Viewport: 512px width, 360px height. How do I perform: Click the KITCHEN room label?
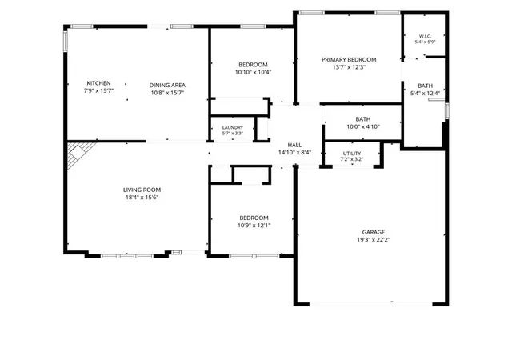[x=98, y=83]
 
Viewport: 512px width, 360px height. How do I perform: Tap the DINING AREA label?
[x=167, y=86]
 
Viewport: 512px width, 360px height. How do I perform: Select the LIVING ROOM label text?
[x=142, y=190]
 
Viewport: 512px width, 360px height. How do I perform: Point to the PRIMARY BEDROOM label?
[x=349, y=59]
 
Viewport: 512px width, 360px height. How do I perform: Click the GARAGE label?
[x=374, y=232]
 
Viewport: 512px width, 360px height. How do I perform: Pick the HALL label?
[x=294, y=145]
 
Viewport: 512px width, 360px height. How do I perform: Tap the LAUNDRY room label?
[x=233, y=127]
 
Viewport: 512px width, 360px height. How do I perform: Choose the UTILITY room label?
[x=352, y=154]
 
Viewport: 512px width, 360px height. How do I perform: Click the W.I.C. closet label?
[x=425, y=36]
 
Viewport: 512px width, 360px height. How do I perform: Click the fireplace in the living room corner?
[x=78, y=153]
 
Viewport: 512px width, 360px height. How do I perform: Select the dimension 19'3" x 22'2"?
[x=374, y=240]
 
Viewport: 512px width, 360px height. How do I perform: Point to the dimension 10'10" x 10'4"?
[x=253, y=72]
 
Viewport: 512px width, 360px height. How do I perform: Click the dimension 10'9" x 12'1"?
[x=254, y=226]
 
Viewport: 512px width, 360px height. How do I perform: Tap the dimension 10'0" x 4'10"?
[x=363, y=126]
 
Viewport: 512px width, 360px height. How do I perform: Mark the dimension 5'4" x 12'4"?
[x=425, y=94]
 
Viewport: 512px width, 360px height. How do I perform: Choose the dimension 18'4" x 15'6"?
[x=142, y=198]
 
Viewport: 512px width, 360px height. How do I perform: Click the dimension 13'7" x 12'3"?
[x=349, y=67]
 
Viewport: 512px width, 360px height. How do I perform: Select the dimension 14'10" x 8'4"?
[x=294, y=153]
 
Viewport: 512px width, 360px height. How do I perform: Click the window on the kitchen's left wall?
[x=66, y=41]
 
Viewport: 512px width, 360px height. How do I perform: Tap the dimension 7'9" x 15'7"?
[x=98, y=90]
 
